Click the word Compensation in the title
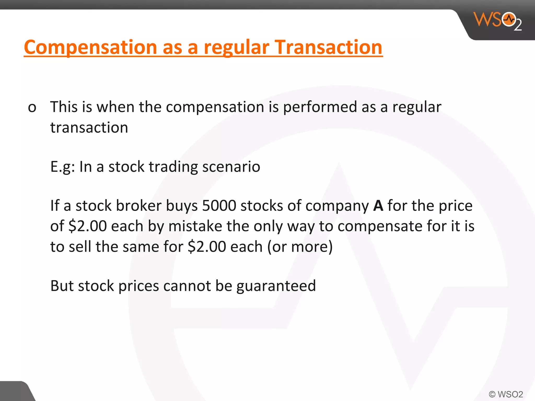tap(90, 47)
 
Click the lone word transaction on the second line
tap(89, 128)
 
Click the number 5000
tap(219, 205)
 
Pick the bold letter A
tap(378, 205)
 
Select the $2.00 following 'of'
tap(88, 226)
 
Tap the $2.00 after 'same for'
tap(207, 247)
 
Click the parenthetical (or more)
tap(300, 247)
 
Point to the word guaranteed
tap(276, 286)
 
